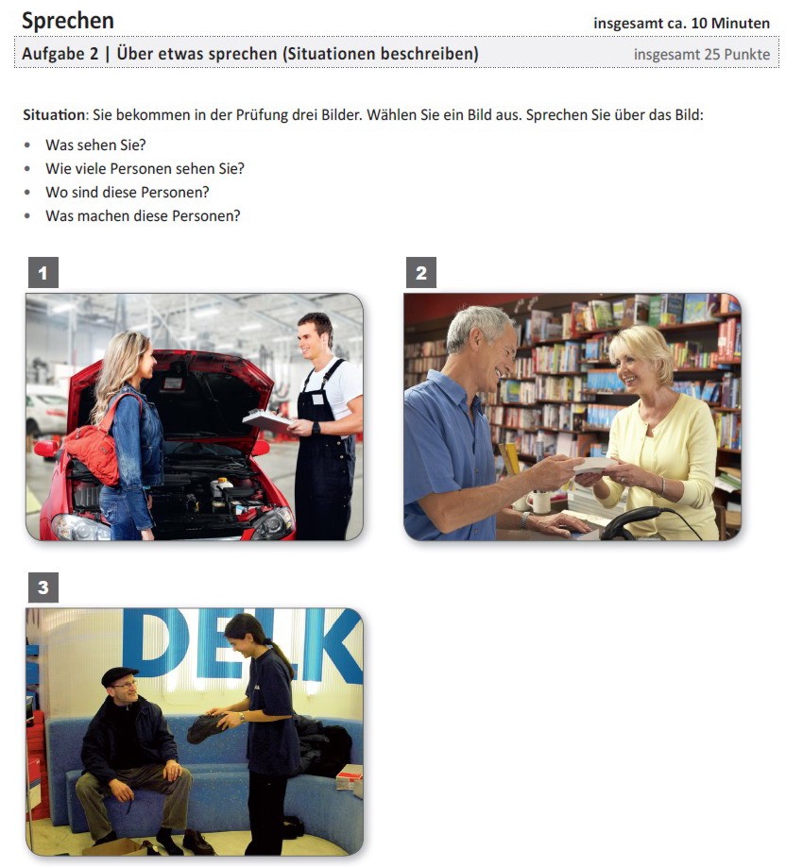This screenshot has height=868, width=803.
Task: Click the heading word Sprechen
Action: pyautogui.click(x=68, y=22)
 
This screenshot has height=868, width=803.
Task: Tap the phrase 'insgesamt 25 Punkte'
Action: pyautogui.click(x=702, y=54)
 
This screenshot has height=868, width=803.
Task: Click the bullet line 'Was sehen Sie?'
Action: pyautogui.click(x=95, y=145)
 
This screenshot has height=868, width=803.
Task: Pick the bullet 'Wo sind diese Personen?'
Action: pyautogui.click(x=128, y=192)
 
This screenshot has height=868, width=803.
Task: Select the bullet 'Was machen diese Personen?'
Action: pyautogui.click(x=143, y=216)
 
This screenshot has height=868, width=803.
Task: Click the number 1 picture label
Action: pyautogui.click(x=43, y=272)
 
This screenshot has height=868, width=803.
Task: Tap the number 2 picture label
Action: pyautogui.click(x=421, y=272)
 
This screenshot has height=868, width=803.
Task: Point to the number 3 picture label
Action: pyautogui.click(x=43, y=587)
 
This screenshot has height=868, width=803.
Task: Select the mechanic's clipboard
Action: pyautogui.click(x=267, y=420)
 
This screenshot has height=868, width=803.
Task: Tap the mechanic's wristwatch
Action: pyautogui.click(x=316, y=428)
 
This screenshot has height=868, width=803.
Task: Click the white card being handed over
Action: pyautogui.click(x=593, y=465)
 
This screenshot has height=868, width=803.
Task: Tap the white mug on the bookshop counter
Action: pyautogui.click(x=540, y=502)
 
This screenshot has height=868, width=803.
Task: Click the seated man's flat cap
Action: pyautogui.click(x=119, y=676)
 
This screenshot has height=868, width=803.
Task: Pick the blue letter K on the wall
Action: pyautogui.click(x=334, y=645)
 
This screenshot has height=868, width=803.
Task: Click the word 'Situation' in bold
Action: pyautogui.click(x=54, y=115)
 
